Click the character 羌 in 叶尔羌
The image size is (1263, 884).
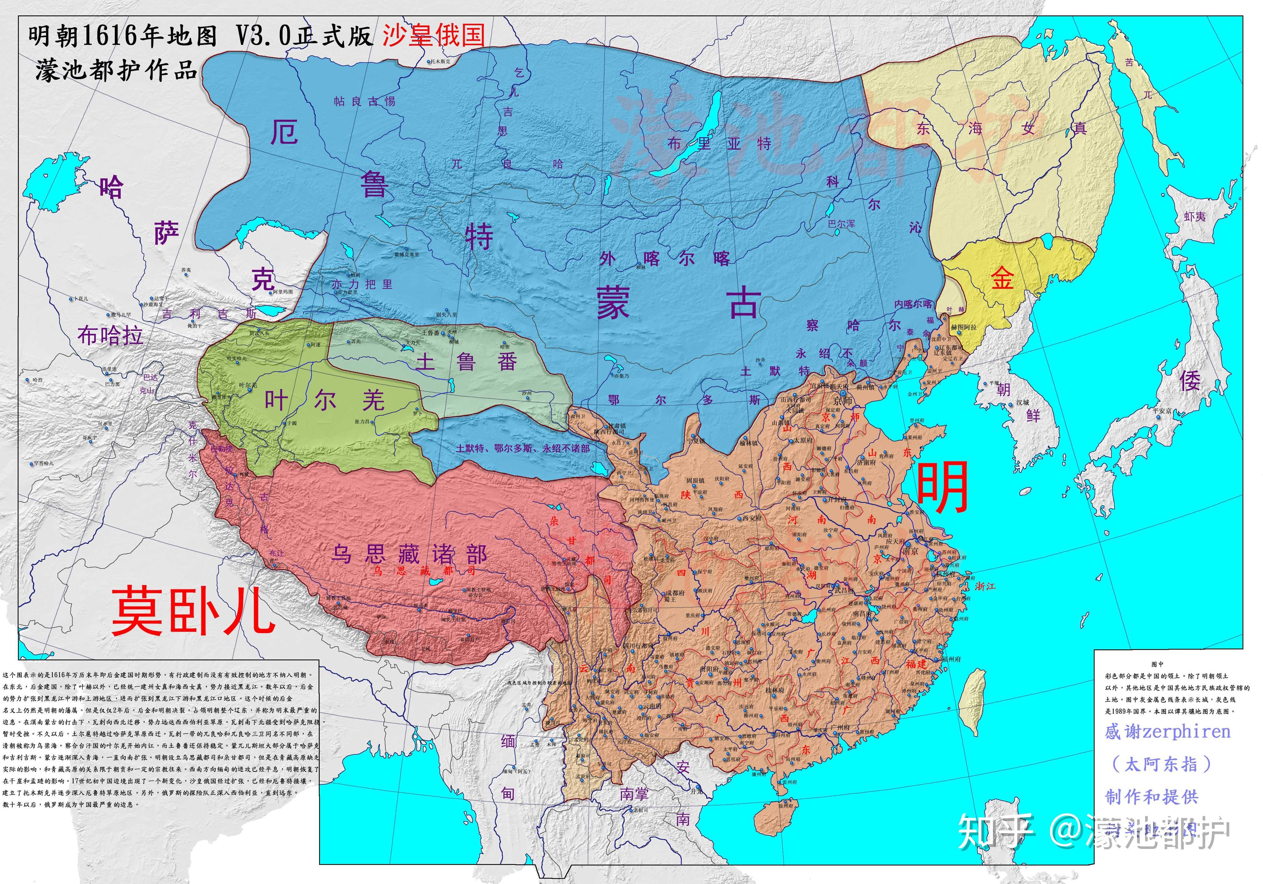(x=373, y=400)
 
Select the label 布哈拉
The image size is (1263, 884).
(x=110, y=335)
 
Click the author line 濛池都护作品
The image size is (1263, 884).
(x=117, y=71)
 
